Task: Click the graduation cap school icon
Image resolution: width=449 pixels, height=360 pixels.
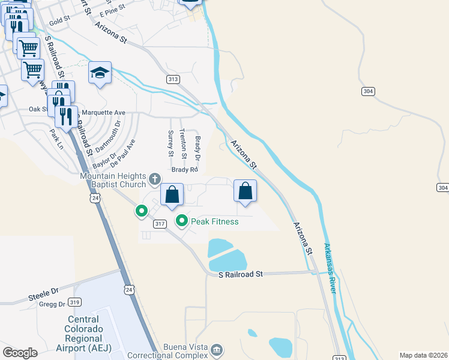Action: pos(100,73)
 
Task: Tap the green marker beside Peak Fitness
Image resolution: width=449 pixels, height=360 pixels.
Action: pos(182,221)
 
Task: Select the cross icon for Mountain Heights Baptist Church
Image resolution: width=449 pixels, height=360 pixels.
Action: pos(155,178)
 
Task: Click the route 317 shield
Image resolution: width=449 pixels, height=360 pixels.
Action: pos(160,224)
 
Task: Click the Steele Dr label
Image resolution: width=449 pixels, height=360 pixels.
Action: pos(43,295)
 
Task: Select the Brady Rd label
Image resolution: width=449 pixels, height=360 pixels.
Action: pos(185,170)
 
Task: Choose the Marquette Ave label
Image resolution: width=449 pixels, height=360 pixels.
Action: pos(103,112)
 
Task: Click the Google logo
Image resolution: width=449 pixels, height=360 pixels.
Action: pos(20,353)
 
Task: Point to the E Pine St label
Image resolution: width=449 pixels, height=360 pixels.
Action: pos(113,10)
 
